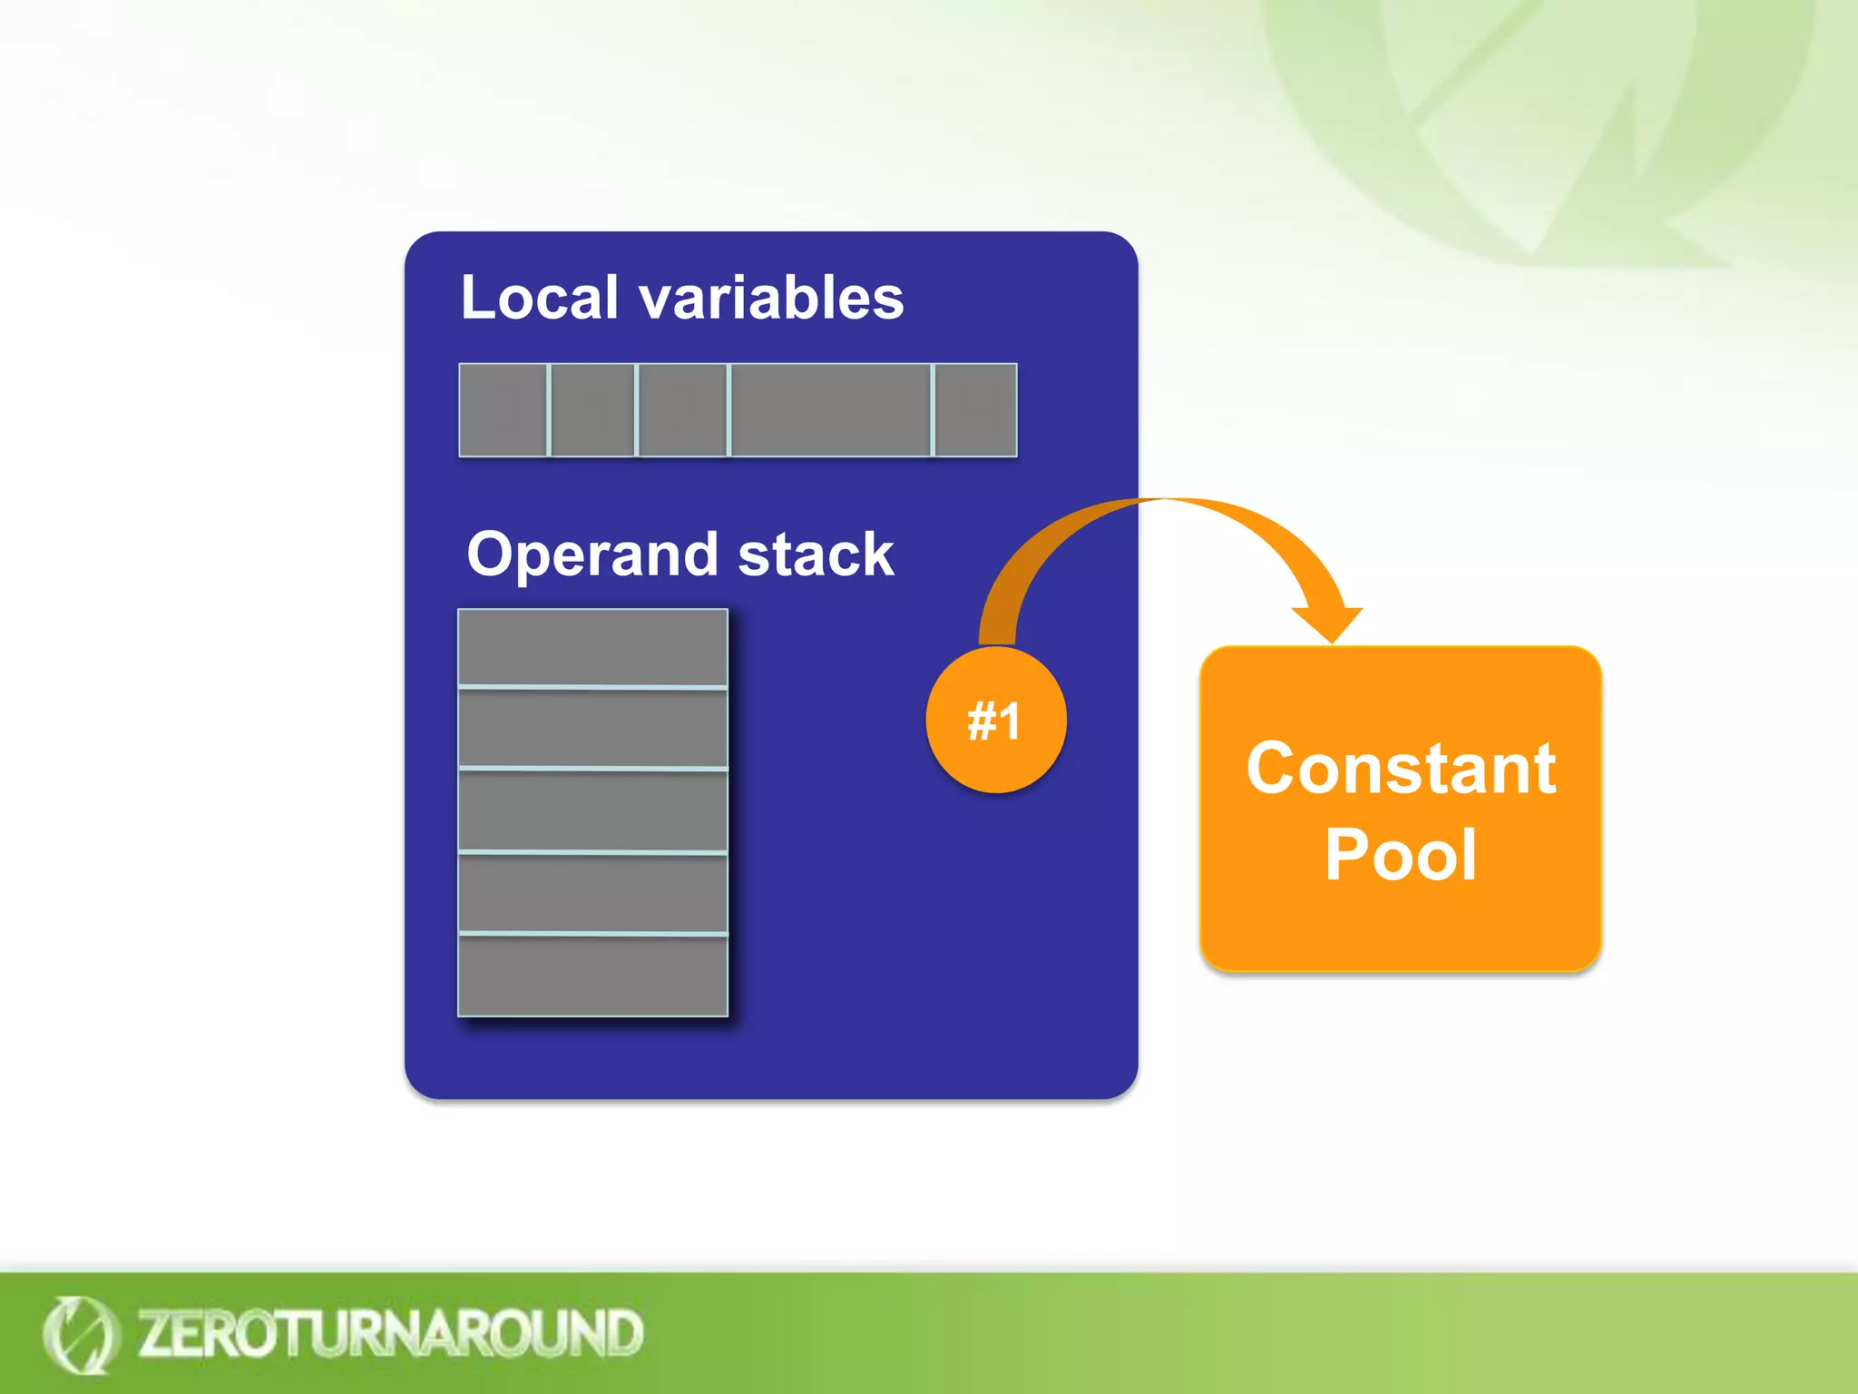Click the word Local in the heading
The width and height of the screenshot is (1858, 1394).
pos(539,298)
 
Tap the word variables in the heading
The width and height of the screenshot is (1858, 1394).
pos(771,298)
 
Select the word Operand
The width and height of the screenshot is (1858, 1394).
pos(593,554)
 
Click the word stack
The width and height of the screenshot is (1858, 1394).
pos(816,555)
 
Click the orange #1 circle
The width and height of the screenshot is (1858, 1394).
pos(995,721)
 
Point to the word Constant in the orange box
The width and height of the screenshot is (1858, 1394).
pos(1401,769)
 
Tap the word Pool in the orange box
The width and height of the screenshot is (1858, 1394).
pos(1401,854)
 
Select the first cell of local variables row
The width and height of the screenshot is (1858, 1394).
pos(503,410)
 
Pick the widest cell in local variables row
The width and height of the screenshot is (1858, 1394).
pos(830,410)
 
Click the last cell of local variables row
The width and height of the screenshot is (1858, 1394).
pos(975,410)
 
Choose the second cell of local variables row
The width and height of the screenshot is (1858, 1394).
pos(592,410)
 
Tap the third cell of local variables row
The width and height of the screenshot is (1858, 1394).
pos(682,410)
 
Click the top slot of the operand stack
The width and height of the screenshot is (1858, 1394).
pos(592,647)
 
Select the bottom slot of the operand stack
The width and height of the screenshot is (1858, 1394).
pos(592,976)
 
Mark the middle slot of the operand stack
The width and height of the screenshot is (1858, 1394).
pos(592,810)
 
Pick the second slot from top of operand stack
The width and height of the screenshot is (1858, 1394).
pos(592,728)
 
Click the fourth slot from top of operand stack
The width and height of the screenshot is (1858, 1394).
pos(592,893)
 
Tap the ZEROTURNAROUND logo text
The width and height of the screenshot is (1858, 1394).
pos(390,1334)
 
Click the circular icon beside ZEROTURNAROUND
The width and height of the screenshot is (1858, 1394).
pos(80,1334)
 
